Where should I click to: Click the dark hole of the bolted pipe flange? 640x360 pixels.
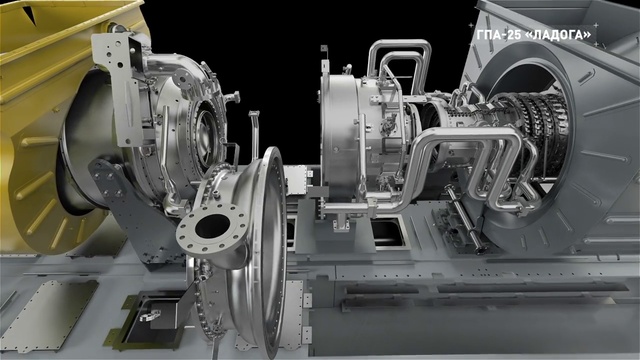pos(212,226)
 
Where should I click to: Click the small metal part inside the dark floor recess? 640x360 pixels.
pos(150,316)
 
